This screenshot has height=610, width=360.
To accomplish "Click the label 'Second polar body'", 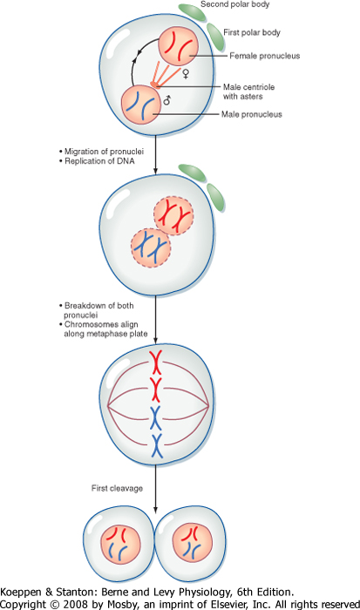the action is (x=234, y=4).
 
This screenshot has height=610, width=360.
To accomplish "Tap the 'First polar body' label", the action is (x=252, y=32).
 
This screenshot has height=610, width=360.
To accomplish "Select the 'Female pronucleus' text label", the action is (x=265, y=56).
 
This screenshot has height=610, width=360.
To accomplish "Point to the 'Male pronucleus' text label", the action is (x=251, y=114).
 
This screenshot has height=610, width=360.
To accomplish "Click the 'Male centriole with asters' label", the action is (x=248, y=91).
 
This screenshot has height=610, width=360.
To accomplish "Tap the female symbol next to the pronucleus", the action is (x=186, y=73).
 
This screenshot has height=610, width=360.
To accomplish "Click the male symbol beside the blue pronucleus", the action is (x=167, y=100).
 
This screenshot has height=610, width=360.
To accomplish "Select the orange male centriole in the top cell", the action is (x=155, y=84).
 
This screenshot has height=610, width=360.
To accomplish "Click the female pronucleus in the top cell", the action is (x=178, y=46).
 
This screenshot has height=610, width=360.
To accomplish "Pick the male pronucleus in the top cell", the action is (x=141, y=105).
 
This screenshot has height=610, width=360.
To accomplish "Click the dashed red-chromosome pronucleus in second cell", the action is (x=173, y=215).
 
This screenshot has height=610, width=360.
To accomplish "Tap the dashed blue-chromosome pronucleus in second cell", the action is (x=151, y=247).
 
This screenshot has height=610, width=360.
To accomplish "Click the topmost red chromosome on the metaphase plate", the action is (x=156, y=362).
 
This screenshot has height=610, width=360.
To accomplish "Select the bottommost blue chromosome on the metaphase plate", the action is (x=156, y=445).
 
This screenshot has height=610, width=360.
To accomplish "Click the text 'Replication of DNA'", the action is (x=99, y=161).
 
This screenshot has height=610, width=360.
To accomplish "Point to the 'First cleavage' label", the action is (x=117, y=488).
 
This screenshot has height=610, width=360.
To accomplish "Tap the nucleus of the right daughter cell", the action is (x=193, y=544).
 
